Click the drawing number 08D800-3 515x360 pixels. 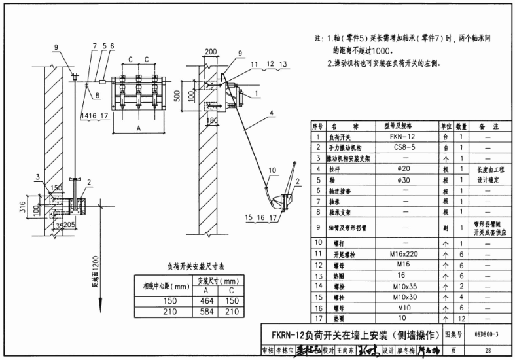(x=483, y=333)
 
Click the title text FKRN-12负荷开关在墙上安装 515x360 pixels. (x=334, y=333)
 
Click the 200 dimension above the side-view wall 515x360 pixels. (x=211, y=51)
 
